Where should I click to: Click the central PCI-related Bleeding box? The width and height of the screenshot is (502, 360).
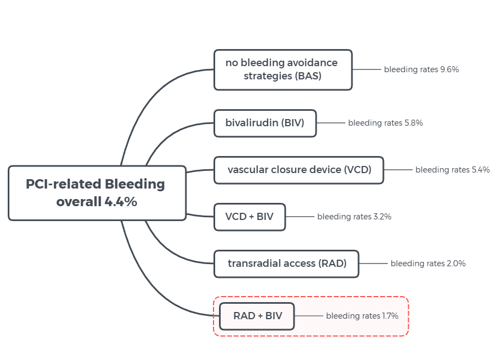pos(97,193)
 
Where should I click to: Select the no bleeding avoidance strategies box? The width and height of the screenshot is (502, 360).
pos(283,70)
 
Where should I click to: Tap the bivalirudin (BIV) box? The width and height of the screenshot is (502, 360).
pos(265,123)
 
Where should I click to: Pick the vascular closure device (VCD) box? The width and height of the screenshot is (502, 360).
pos(298,170)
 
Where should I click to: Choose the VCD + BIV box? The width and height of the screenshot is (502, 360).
pos(249,217)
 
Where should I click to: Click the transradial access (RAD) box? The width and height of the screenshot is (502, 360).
pos(286,264)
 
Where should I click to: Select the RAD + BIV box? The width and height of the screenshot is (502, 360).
pos(257,316)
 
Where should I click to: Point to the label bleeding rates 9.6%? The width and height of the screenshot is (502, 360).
pos(421,69)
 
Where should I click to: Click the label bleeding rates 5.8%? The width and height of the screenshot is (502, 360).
pos(386,123)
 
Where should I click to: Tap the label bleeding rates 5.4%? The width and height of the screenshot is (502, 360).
pos(453,170)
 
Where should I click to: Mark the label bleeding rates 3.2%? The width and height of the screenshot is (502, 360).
pos(354,217)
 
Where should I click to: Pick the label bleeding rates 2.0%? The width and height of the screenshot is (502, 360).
pos(428,264)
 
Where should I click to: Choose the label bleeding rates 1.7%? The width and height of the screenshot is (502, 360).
pos(362,316)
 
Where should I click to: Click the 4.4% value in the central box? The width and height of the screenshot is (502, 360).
pos(121,202)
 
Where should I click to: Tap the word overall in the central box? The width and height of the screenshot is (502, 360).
pos(79,202)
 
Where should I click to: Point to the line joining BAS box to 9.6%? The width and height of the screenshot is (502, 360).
pos(367,69)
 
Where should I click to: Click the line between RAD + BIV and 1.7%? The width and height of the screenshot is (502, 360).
pos(308,316)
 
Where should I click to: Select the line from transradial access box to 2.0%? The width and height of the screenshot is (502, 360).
pos(373,264)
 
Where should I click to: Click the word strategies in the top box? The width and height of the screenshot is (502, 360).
pos(268,76)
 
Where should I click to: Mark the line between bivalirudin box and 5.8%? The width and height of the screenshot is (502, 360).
pos(331,123)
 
